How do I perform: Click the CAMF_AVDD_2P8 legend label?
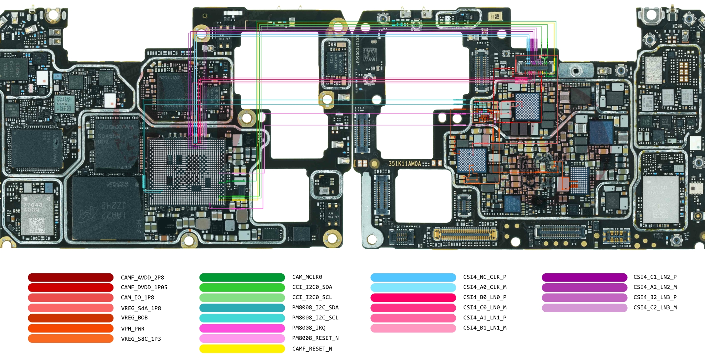(142, 277)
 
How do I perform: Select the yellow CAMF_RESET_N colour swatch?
(242, 349)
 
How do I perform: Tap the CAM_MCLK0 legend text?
(307, 277)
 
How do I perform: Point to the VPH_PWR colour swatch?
(70, 328)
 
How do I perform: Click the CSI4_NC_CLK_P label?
(485, 277)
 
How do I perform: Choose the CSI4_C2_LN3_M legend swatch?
(584, 308)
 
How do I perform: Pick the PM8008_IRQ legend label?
(308, 328)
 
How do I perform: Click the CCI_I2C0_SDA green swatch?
(242, 287)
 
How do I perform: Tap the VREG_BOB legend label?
(134, 318)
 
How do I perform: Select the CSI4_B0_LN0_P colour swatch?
(413, 297)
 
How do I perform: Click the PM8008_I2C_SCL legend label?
(315, 318)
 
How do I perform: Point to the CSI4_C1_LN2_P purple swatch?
(584, 277)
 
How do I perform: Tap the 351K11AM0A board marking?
(404, 164)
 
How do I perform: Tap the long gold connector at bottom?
(465, 234)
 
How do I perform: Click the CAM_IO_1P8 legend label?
(137, 298)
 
